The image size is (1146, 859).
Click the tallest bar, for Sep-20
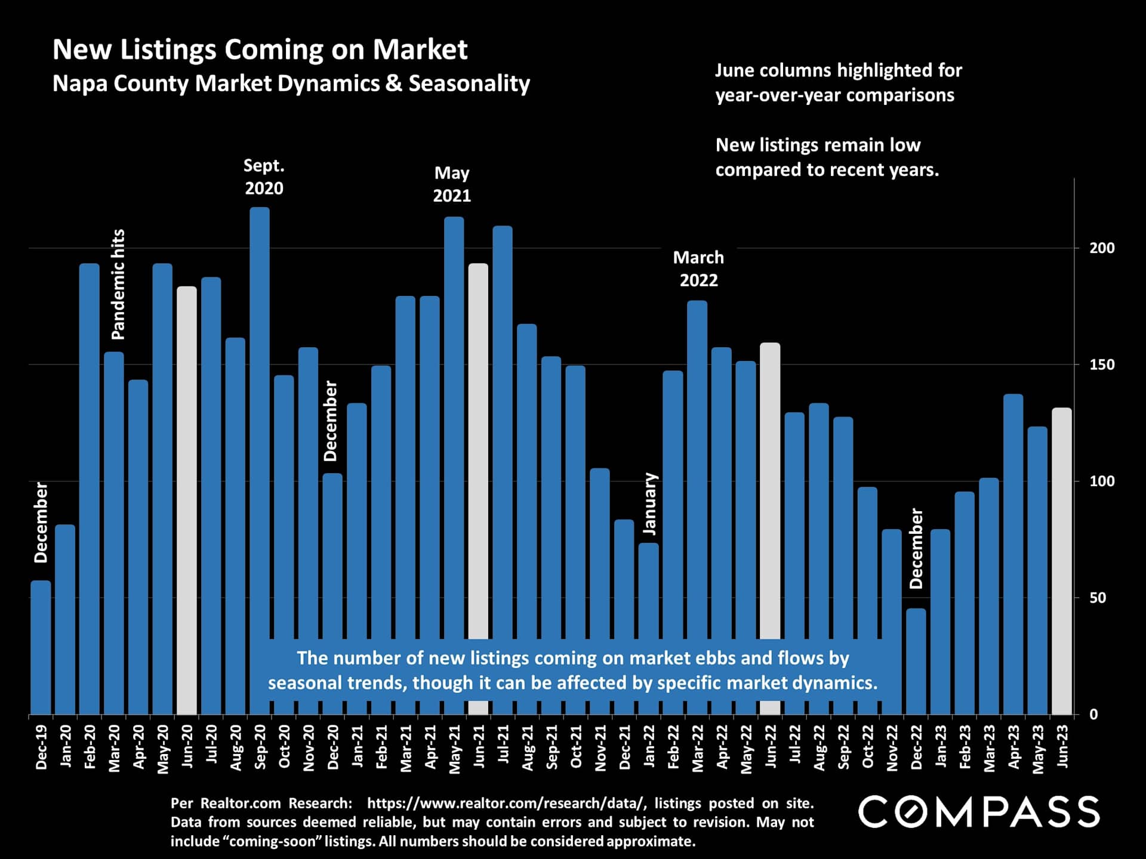[x=260, y=418]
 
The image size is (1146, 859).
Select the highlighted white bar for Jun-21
[x=478, y=447]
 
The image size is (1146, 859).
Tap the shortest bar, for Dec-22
[x=916, y=662]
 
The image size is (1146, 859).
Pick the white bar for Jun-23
[x=1061, y=561]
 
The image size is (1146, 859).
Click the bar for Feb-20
[x=90, y=477]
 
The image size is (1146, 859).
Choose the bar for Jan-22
[x=649, y=591]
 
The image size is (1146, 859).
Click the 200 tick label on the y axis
[x=1102, y=248]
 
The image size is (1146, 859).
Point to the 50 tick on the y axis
[x=1098, y=598]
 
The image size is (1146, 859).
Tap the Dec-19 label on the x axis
[x=41, y=747]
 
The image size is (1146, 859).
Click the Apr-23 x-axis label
[x=1014, y=747]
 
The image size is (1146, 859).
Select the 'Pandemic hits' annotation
[x=119, y=285]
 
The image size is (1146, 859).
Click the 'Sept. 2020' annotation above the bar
[x=264, y=177]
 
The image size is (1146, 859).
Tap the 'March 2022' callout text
[x=698, y=268]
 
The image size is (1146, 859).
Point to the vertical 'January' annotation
[x=650, y=503]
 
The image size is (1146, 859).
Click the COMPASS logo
[x=978, y=812]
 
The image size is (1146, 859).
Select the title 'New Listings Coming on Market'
[x=260, y=50]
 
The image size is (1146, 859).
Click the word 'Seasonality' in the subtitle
[x=469, y=84]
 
